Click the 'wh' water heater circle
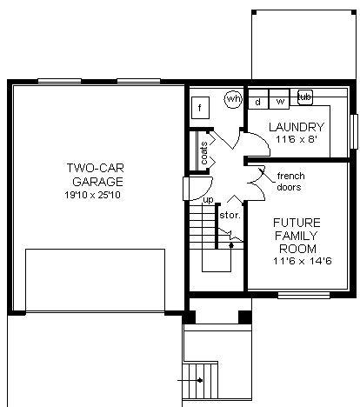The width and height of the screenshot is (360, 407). point(232,99)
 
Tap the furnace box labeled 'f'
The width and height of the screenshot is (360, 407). point(201,108)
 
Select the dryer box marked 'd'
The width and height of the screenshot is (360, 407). point(258,102)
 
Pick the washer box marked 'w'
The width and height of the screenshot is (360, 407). point(280,102)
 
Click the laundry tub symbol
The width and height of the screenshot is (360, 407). point(304,96)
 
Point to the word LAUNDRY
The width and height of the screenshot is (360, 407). point(297,126)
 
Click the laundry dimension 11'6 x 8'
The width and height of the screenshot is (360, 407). point(297,138)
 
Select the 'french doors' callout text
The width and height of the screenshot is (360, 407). point(290,181)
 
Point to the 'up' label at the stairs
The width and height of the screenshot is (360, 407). point(208,200)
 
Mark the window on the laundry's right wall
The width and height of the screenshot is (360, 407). point(354,130)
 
